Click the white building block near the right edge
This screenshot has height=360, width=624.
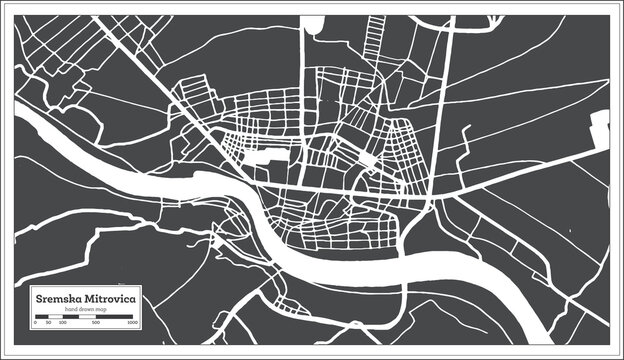tap(602, 128)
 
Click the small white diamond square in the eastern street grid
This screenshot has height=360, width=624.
tap(369, 160)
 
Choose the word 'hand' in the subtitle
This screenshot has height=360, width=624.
tap(71, 308)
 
